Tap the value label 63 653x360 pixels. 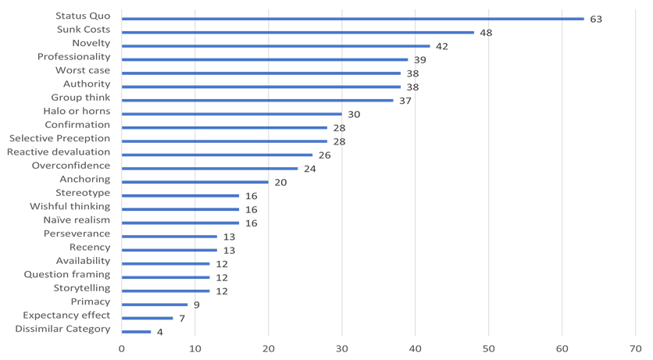pyautogui.click(x=596, y=19)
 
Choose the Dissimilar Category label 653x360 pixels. pyautogui.click(x=62, y=329)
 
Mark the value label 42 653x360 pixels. pyautogui.click(x=441, y=46)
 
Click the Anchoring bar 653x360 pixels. pyautogui.click(x=195, y=182)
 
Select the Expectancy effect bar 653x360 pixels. pyautogui.click(x=148, y=318)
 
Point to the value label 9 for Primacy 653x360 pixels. pyautogui.click(x=196, y=305)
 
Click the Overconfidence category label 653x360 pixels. pyautogui.click(x=71, y=166)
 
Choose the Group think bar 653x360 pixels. pyautogui.click(x=258, y=100)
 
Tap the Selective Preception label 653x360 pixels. pyautogui.click(x=59, y=138)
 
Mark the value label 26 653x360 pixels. pyautogui.click(x=324, y=155)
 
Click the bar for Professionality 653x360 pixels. pyautogui.click(x=265, y=59)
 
